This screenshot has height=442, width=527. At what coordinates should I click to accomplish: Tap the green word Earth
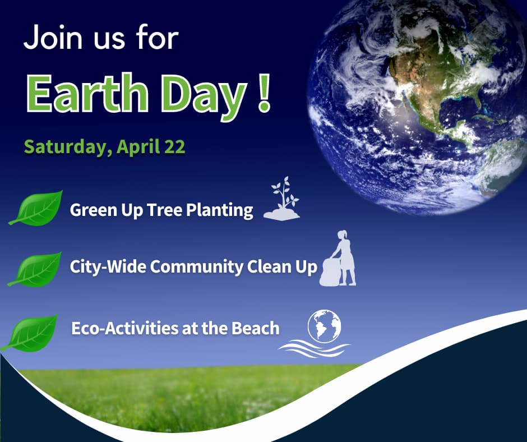(87, 93)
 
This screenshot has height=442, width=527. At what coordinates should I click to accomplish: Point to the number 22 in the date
(174, 146)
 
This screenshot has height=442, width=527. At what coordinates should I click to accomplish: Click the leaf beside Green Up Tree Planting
(36, 208)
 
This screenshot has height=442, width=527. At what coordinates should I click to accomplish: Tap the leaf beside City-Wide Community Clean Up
(35, 269)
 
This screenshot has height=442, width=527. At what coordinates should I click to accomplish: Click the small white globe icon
(325, 326)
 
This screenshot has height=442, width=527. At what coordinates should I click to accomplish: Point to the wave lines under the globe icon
(315, 349)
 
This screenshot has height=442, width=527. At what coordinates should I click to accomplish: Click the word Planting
(219, 210)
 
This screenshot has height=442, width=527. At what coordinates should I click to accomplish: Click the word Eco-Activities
(124, 328)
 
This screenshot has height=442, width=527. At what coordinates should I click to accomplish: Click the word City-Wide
(108, 268)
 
